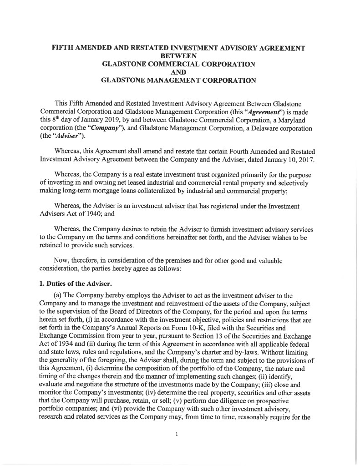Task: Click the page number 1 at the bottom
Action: click(x=176, y=434)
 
